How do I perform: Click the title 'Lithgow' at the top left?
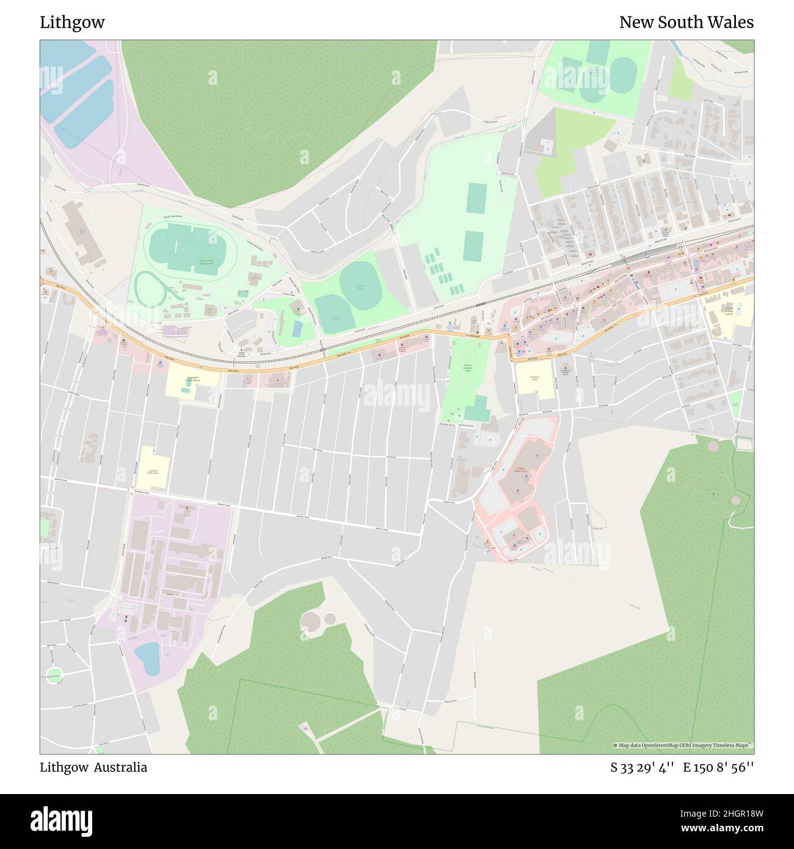click(72, 23)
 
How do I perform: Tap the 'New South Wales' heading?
click(686, 23)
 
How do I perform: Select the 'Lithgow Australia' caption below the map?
click(93, 767)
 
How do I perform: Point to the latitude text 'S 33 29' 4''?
click(642, 768)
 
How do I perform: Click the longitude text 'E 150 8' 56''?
click(718, 768)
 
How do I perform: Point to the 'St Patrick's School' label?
click(534, 378)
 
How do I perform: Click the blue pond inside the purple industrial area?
click(147, 657)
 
